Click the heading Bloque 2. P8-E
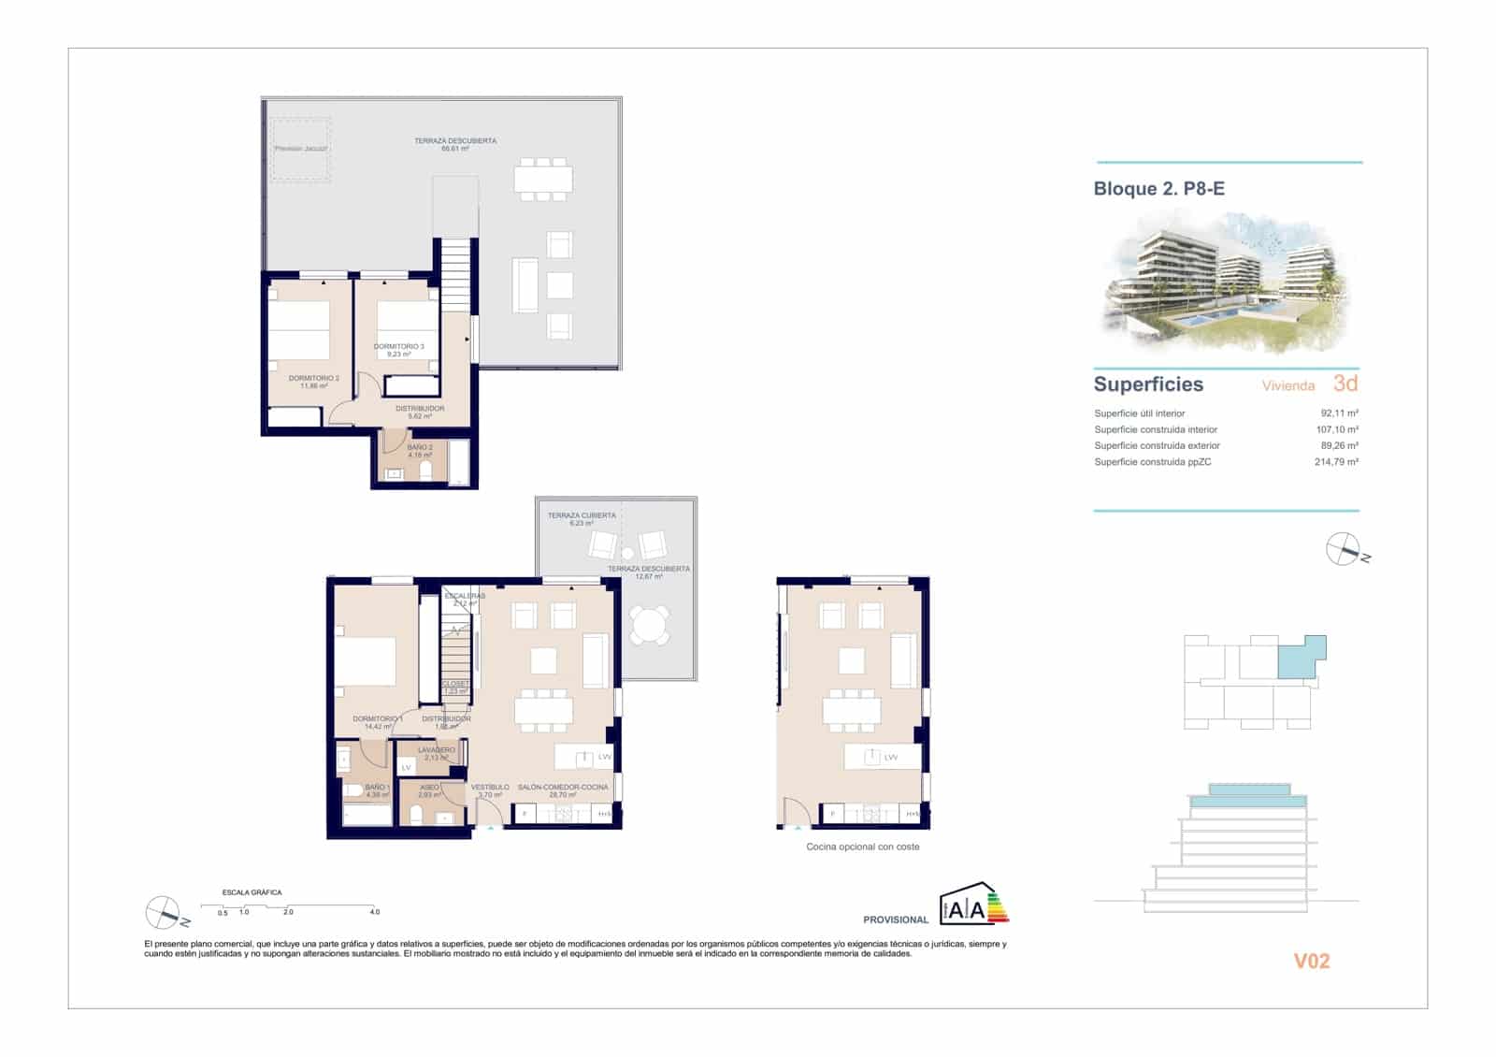coord(1158,189)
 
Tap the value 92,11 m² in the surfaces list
coord(1339,413)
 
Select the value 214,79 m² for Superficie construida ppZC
coord(1336,462)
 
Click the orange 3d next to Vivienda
coord(1345,384)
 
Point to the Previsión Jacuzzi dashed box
coord(300,149)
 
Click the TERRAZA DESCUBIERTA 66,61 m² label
coord(455,145)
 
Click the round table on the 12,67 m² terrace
coord(650,625)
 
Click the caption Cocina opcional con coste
coord(862,847)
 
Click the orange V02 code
coord(1311,961)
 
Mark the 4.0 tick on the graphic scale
coord(374,911)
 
